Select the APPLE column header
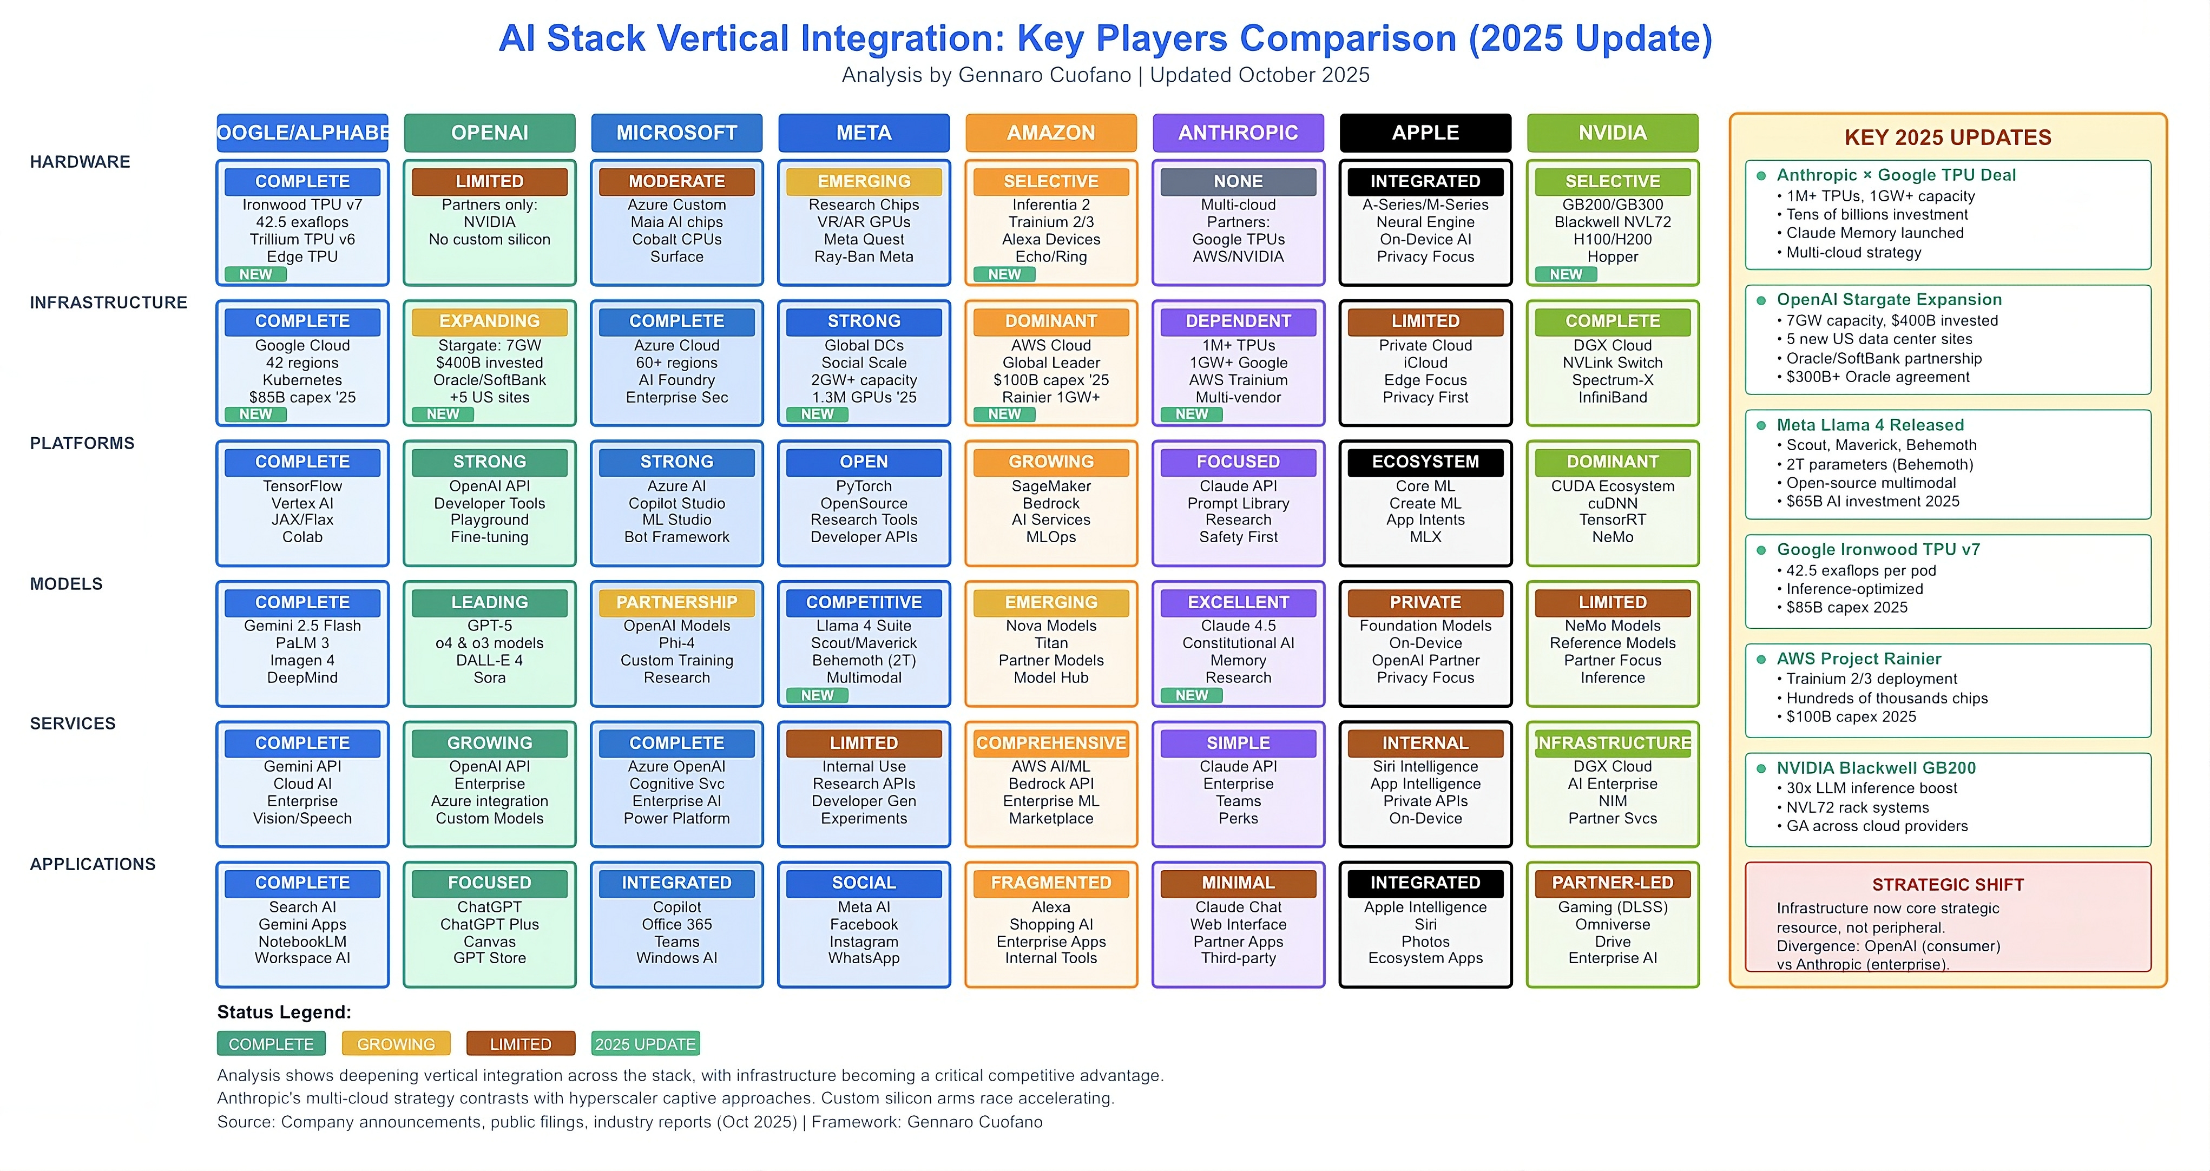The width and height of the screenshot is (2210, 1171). coord(1425,133)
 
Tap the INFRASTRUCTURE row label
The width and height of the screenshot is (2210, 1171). coord(108,303)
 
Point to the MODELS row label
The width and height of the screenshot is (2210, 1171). coord(66,584)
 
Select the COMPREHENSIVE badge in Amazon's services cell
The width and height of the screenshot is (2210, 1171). coord(1050,744)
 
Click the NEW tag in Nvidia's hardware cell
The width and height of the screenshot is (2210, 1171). coord(1565,274)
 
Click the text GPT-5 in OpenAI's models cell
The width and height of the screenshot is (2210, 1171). coord(489,626)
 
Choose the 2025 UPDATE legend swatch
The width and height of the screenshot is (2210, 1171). coord(645,1044)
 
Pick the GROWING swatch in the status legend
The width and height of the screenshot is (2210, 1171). coord(396,1044)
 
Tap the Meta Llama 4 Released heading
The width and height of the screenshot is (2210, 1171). coord(1870,425)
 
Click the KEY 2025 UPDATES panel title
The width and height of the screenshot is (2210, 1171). coord(1948,138)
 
